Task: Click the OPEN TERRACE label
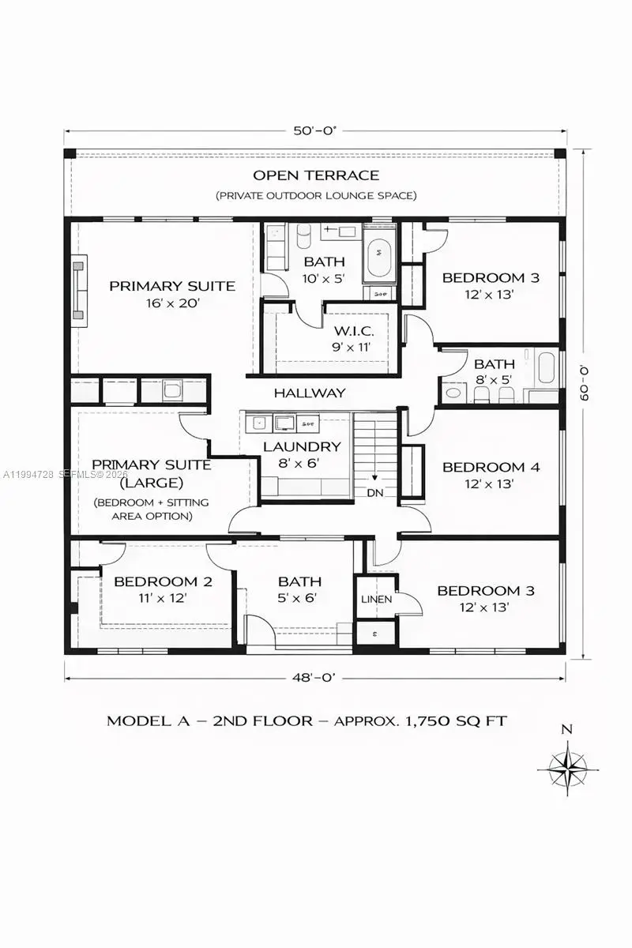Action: (316, 175)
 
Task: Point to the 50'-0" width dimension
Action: (315, 132)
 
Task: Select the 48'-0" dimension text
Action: (315, 676)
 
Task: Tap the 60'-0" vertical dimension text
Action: (585, 383)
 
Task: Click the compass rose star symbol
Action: (566, 767)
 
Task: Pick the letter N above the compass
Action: (566, 730)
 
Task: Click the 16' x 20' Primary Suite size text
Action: (171, 303)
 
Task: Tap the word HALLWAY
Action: (310, 393)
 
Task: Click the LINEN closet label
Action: (376, 600)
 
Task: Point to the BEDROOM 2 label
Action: (163, 582)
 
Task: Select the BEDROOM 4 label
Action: (491, 467)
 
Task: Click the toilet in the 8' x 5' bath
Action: (453, 393)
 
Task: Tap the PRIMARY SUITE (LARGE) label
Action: (152, 472)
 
